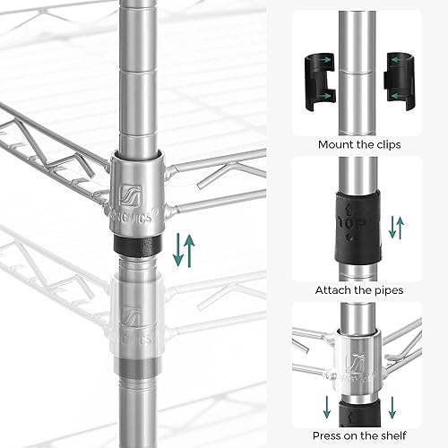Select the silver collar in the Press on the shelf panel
[x=358, y=358]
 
